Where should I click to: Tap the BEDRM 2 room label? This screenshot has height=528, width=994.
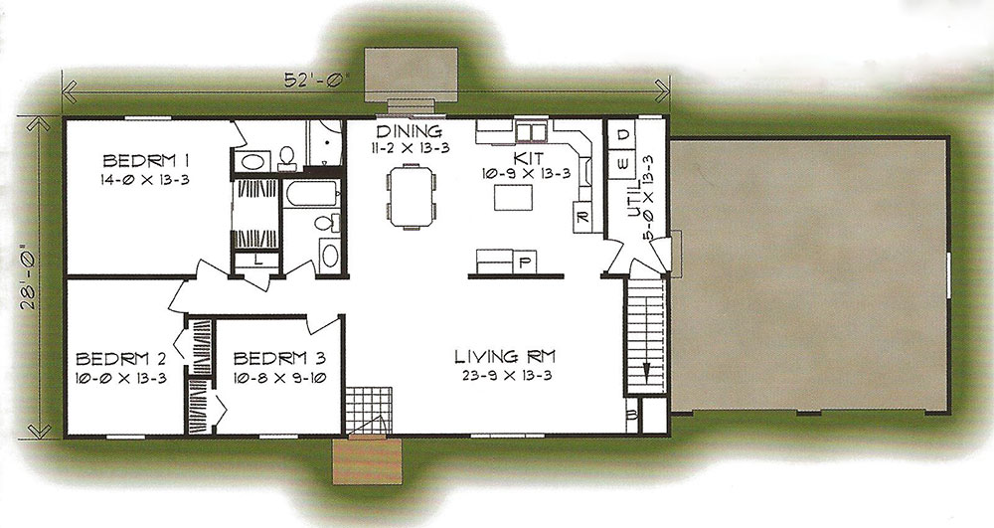pos(121,359)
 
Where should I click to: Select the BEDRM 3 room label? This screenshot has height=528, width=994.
pos(279,359)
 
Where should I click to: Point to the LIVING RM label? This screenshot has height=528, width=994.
pos(505,357)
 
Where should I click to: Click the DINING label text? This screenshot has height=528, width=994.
pos(409,132)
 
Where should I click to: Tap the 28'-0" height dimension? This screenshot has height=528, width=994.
pos(27,281)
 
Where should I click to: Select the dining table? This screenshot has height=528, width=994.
pos(412,196)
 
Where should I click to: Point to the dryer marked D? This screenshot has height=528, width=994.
pos(623,134)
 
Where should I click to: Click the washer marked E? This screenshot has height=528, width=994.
pos(622,164)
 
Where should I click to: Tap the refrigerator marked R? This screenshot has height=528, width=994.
pos(583,218)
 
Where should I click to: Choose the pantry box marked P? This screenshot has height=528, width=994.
pos(524,262)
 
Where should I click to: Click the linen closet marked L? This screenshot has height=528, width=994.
pos(256,261)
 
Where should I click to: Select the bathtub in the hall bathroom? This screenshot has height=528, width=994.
pos(311,193)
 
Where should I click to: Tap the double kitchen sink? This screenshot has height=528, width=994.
pos(531,132)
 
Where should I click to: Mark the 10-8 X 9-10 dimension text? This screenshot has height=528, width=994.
pos(279,379)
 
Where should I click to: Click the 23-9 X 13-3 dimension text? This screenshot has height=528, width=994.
pos(507,375)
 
